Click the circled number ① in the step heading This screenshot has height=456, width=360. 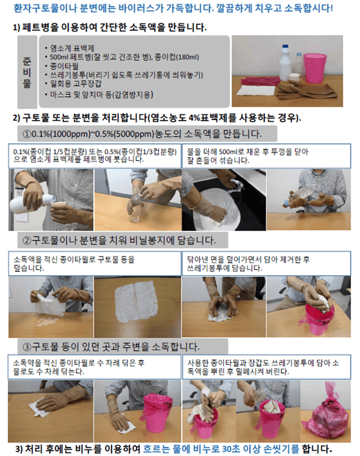point(27,133)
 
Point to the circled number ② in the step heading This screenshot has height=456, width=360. point(27,241)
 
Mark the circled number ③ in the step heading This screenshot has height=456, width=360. point(27,347)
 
